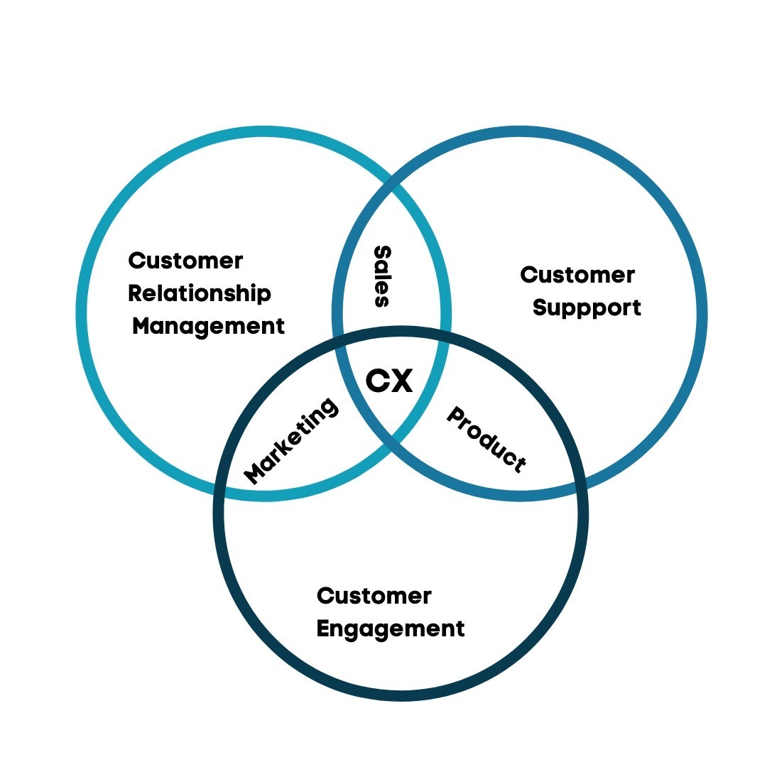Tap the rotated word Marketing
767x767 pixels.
[290, 441]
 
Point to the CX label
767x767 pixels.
[389, 381]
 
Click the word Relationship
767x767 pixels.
[200, 293]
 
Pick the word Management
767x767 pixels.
[208, 326]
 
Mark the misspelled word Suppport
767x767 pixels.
[587, 308]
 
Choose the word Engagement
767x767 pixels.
[391, 629]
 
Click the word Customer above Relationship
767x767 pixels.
[185, 261]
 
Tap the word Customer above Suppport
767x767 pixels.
[577, 275]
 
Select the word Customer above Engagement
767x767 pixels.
[374, 596]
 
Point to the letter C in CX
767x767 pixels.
[376, 381]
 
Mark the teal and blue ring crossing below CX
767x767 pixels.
[391, 441]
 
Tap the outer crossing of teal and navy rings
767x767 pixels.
[219, 491]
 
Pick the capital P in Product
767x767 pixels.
[455, 415]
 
